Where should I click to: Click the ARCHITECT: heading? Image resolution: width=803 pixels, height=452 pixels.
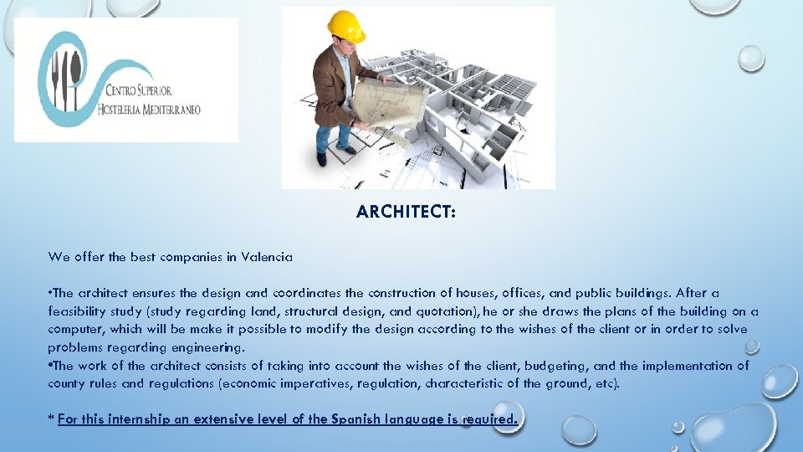tap(406, 212)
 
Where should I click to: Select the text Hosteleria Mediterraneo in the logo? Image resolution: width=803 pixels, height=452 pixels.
tap(149, 110)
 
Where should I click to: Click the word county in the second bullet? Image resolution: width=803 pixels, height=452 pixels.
tap(67, 383)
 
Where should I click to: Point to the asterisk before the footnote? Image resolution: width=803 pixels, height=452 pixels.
tap(51, 418)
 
